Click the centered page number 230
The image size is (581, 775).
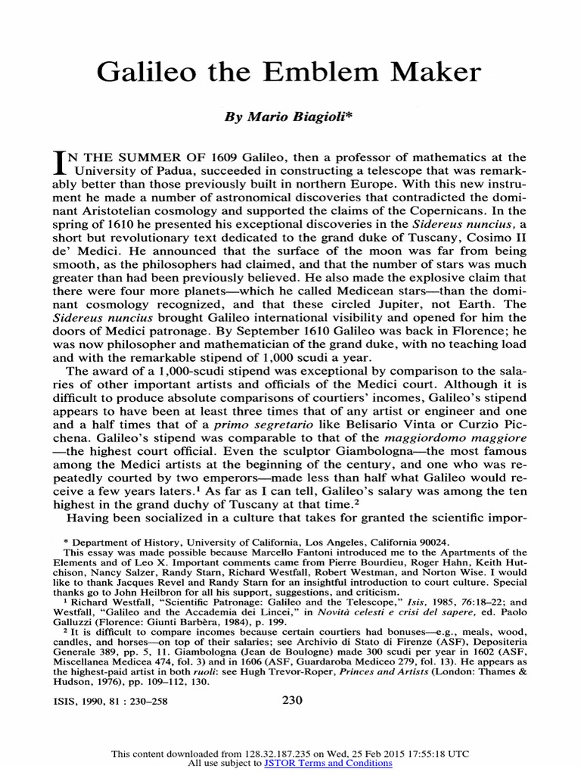[292, 700]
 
